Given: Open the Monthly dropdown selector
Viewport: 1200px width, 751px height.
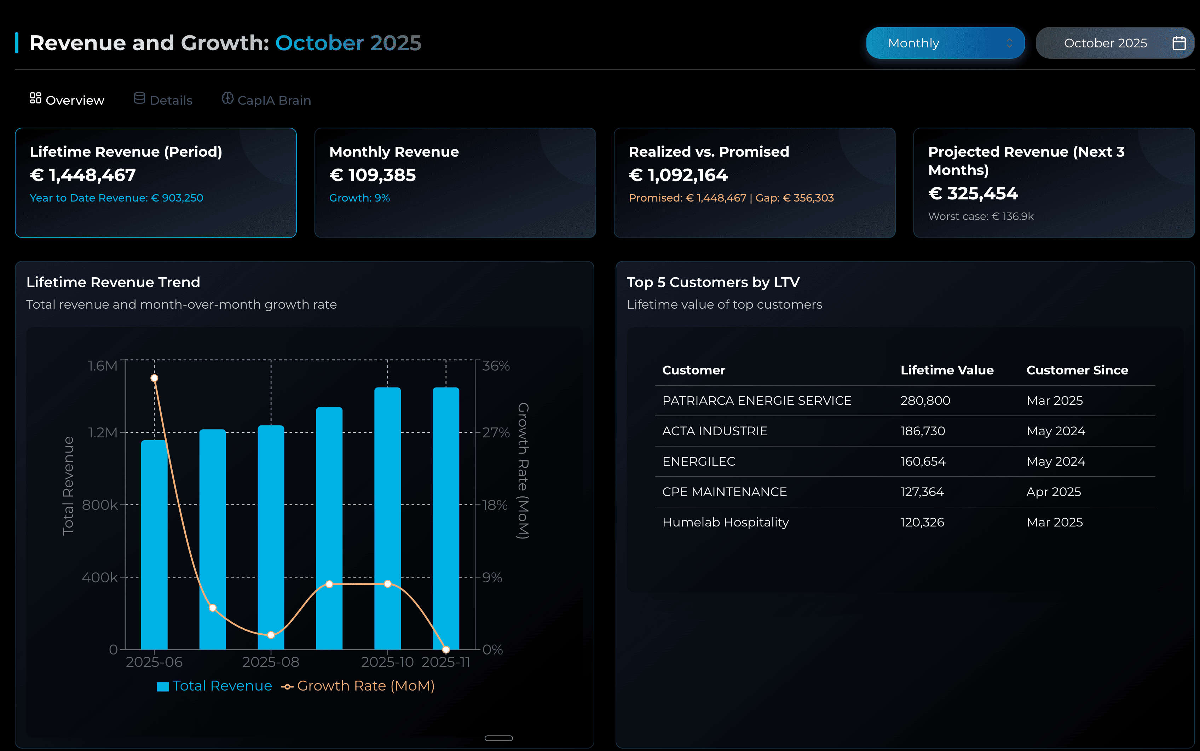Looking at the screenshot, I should [945, 43].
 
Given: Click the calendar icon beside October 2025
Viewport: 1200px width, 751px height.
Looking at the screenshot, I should [1179, 43].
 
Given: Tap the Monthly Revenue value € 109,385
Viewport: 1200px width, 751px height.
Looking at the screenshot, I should [372, 175].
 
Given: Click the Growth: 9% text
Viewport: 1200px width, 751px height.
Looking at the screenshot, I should [359, 198].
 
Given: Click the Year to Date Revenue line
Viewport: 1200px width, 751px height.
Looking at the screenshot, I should [116, 198].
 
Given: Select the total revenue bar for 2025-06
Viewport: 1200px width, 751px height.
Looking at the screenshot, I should [154, 546].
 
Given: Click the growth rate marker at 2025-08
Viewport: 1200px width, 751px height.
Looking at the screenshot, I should [271, 635].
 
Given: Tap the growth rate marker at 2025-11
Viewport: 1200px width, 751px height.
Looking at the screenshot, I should [446, 649].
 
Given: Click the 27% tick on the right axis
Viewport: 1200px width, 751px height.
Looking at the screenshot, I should [495, 433].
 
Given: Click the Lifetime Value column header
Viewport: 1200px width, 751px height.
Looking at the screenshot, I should [947, 370].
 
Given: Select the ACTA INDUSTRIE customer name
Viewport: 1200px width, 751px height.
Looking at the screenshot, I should [715, 431].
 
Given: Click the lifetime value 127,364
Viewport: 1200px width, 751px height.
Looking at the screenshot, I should [922, 492].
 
